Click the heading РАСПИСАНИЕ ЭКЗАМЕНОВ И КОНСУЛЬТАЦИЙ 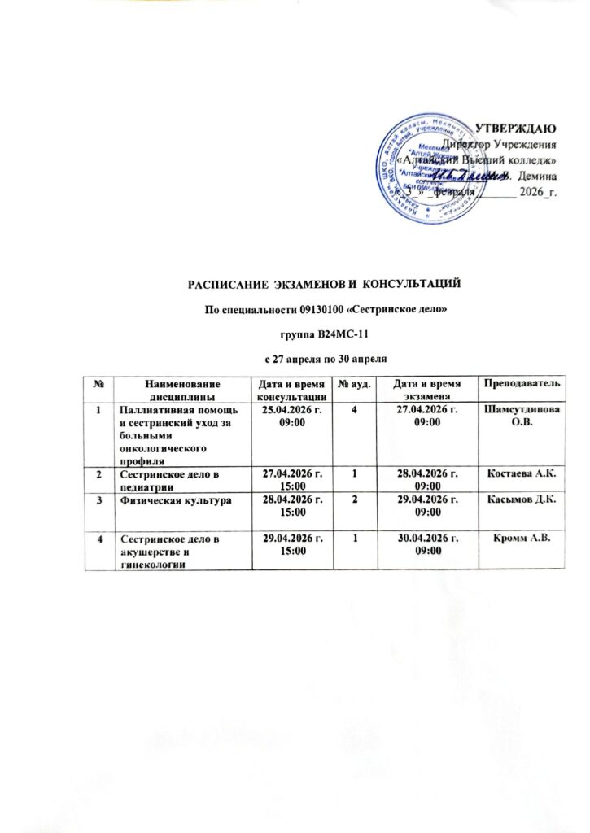[x=326, y=283]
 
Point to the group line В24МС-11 [x=326, y=333]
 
